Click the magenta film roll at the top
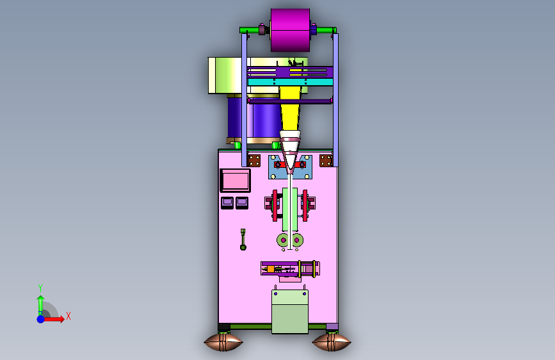[290, 30]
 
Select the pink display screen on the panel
[235, 181]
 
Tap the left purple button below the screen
[227, 202]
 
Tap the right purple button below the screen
[242, 202]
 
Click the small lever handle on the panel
[243, 240]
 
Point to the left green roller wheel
[284, 240]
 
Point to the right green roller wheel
[296, 240]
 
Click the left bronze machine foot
[223, 342]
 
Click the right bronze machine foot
[332, 342]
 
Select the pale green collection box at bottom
[290, 311]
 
